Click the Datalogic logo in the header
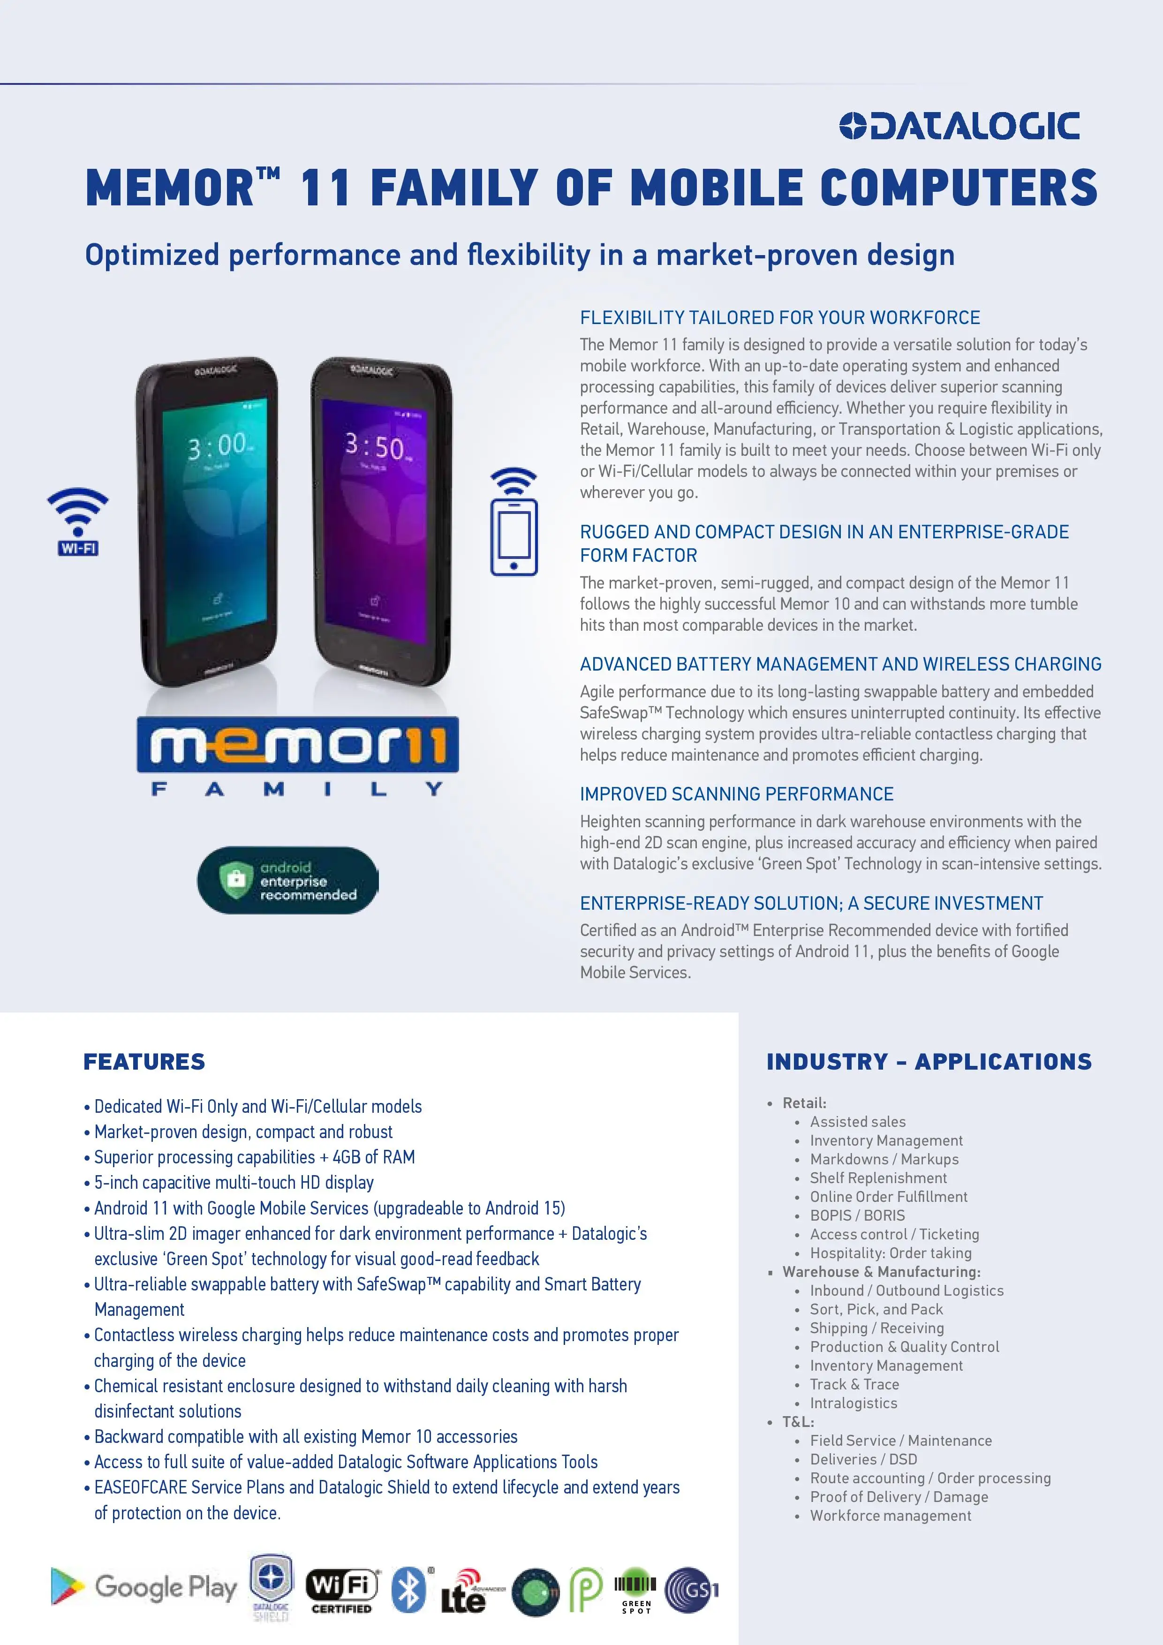[x=959, y=126]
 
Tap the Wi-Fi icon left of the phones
[x=77, y=521]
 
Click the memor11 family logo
[x=297, y=756]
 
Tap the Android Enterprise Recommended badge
[x=288, y=881]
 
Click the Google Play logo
[x=144, y=1587]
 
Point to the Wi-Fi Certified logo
[x=342, y=1590]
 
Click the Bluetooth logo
[x=409, y=1590]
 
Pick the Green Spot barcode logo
[x=635, y=1590]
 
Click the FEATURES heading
[x=144, y=1061]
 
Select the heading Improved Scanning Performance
[x=736, y=794]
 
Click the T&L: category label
[x=798, y=1421]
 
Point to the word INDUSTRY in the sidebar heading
[x=827, y=1061]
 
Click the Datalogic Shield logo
[x=271, y=1587]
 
